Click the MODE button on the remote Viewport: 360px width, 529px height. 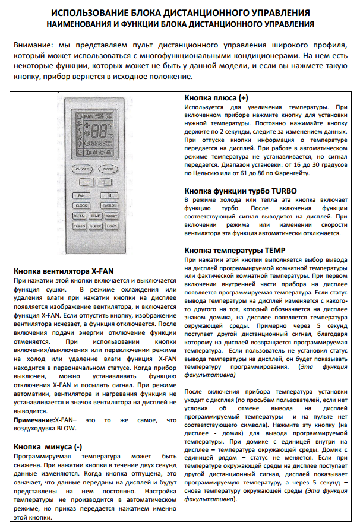107,169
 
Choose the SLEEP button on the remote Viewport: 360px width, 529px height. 95,227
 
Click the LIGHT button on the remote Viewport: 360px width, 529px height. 110,227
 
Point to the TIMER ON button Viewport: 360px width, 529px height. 109,205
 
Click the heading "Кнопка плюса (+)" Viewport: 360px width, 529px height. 216,97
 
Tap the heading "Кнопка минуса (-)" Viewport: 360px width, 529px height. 48,446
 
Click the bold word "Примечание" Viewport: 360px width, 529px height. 33,420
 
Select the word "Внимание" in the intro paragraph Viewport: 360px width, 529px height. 32,46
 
